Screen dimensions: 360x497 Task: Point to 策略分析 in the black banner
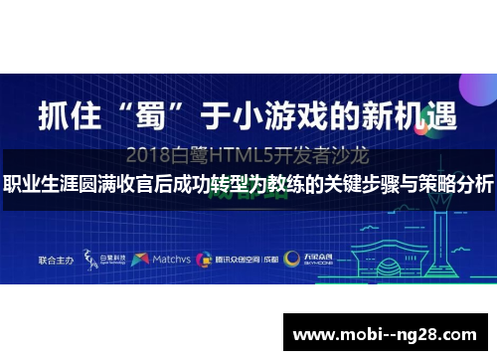click(x=458, y=185)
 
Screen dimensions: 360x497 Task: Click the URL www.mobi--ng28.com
click(x=389, y=330)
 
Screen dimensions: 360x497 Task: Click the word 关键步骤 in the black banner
click(x=348, y=185)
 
